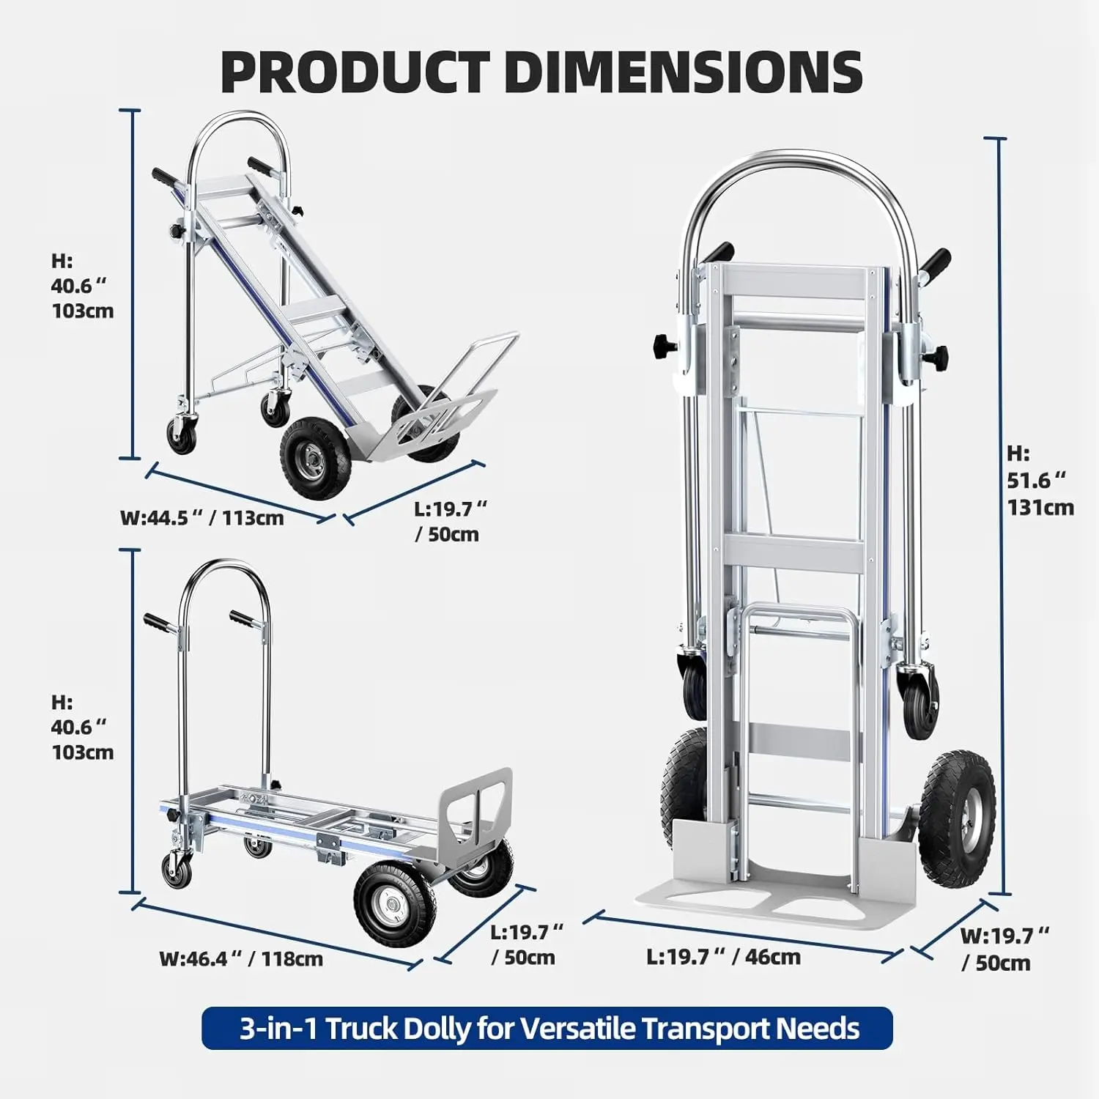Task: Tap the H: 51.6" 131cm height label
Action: (x=1040, y=480)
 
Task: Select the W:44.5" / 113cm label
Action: (x=201, y=518)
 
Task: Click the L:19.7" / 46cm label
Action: (x=723, y=956)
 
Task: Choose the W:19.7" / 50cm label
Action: (x=1004, y=949)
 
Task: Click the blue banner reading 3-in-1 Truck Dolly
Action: (x=547, y=1028)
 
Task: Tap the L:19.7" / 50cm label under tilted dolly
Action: (x=448, y=521)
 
